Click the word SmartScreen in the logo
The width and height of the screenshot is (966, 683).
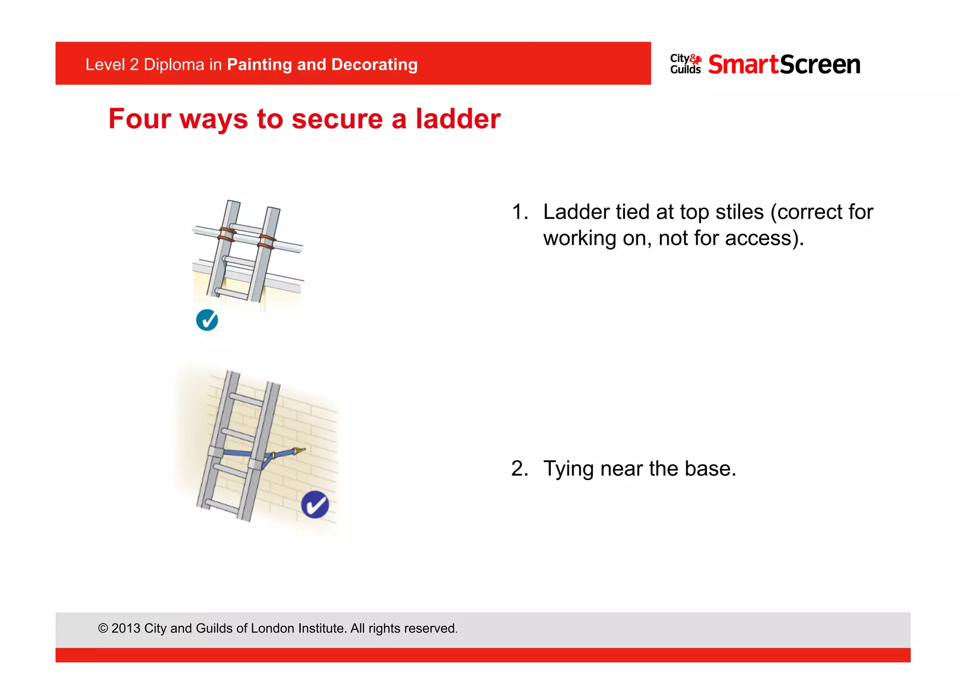point(784,65)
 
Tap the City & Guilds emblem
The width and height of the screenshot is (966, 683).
point(685,64)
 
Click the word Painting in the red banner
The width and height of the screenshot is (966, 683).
point(259,65)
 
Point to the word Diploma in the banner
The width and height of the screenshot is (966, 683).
point(174,65)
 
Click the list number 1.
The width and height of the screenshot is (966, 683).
point(519,212)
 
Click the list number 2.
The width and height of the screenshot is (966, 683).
point(519,469)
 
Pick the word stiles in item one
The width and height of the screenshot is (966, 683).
point(739,212)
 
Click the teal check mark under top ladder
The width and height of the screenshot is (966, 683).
point(207,320)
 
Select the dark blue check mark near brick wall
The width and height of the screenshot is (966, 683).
point(315,505)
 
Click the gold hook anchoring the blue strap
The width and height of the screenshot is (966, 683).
point(298,451)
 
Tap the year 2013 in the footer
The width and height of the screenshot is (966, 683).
point(126,629)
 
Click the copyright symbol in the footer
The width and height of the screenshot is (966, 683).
point(103,629)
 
